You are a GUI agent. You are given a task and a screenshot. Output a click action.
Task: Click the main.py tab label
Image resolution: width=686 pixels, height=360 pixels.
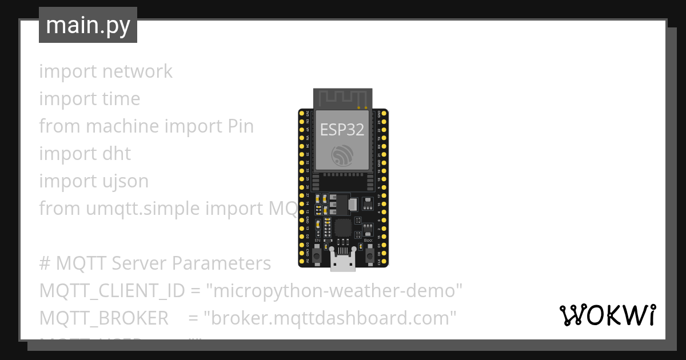tap(88, 25)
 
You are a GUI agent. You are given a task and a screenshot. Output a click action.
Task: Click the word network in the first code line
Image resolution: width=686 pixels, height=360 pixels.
tap(137, 71)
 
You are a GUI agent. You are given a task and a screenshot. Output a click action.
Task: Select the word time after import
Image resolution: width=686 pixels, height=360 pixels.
tap(121, 99)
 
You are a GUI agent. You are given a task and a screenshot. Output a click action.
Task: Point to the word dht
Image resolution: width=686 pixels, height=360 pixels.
tap(117, 154)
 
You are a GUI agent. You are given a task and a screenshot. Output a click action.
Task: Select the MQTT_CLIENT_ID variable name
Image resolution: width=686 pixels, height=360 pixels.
tap(112, 291)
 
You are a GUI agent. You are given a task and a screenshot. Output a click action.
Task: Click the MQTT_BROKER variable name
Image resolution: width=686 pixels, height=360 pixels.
tap(104, 318)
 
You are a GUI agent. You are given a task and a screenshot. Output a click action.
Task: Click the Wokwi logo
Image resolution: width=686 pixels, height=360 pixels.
tap(608, 315)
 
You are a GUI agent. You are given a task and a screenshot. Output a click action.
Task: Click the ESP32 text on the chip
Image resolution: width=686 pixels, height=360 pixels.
tap(342, 130)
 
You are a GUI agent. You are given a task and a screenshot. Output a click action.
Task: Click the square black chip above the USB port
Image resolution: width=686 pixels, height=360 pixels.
tap(344, 227)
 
